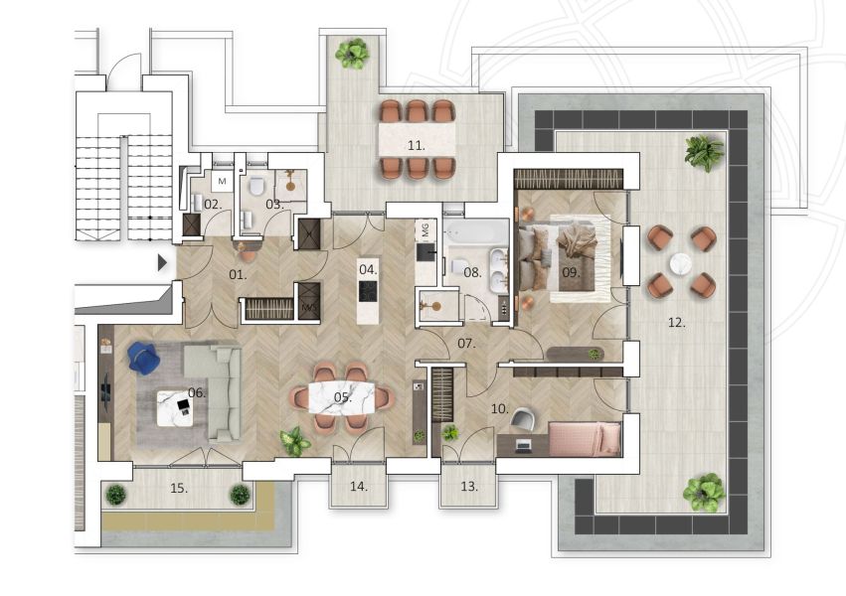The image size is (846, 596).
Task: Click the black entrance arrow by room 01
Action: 162,263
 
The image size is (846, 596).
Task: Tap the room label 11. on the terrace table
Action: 417,145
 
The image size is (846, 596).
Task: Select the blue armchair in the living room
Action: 143,358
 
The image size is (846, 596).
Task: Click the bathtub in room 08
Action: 476,232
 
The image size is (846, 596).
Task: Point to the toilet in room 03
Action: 256,187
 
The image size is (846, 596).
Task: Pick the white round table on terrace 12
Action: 681,264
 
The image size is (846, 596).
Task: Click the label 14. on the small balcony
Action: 359,487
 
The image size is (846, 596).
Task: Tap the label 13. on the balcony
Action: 469,487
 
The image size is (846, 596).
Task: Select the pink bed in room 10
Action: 585,439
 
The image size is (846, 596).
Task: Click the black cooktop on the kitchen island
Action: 368,291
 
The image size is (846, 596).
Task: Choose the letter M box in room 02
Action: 223,182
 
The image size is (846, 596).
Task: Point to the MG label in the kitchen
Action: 425,230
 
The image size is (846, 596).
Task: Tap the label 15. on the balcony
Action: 179,489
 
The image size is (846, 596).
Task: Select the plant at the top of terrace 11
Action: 352,53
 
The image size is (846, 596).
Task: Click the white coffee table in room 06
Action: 174,408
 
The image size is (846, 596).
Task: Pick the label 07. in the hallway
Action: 466,343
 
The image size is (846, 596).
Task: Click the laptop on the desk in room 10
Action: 523,445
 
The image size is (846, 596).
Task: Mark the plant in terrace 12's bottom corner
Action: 704,493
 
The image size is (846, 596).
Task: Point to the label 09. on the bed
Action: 571,273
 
